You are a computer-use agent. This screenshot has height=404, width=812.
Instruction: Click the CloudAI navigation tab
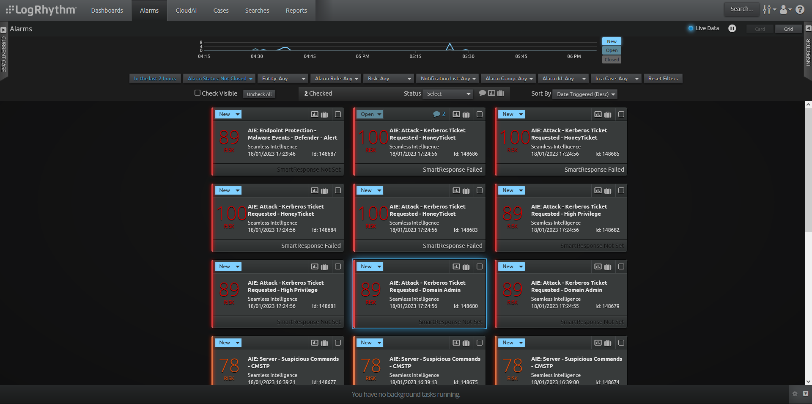pos(186,11)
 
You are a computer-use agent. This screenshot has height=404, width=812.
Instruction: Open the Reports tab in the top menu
pos(296,11)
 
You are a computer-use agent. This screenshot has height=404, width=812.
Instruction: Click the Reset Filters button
pos(663,79)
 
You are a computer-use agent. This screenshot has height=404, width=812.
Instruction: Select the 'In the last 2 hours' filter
pos(155,79)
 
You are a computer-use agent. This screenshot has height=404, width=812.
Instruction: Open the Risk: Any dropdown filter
pos(389,79)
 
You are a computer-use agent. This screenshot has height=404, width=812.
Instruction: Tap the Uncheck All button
pos(259,94)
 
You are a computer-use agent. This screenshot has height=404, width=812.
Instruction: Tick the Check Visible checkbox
pos(198,93)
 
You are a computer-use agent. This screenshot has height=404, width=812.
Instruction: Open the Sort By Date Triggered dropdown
pos(585,94)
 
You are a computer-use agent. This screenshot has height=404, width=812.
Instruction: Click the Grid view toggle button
pos(788,29)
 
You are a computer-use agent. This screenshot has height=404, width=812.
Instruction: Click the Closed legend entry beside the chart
pos(612,60)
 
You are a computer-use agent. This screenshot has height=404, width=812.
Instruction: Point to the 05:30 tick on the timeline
pos(468,56)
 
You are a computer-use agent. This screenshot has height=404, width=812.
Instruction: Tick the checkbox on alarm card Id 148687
pos(338,114)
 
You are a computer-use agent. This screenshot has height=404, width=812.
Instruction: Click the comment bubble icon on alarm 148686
pos(436,114)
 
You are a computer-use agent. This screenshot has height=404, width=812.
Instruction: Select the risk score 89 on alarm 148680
pos(371,289)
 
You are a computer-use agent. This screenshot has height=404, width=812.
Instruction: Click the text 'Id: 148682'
pos(607,230)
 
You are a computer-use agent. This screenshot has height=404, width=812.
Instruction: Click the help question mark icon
pos(800,10)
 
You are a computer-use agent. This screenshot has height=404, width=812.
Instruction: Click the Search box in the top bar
pos(741,9)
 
